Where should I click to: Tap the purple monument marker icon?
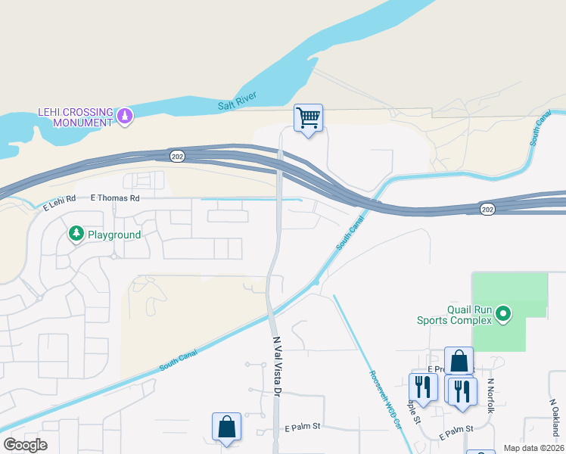pos(126,117)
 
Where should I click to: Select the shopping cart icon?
pos(308,118)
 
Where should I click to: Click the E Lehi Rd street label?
pos(60,202)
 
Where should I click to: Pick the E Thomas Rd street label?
pos(115,198)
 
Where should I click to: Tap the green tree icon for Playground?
pos(76,235)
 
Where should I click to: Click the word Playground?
pos(114,235)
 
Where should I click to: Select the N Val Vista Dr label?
pos(276,366)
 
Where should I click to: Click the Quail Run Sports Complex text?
pos(454,314)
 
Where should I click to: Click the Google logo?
pos(25,445)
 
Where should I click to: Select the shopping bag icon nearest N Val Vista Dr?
pos(226,427)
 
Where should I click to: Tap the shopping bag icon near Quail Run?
pos(459,361)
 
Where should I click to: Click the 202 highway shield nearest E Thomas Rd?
pos(177,155)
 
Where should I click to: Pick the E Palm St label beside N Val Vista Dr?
pos(303,427)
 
